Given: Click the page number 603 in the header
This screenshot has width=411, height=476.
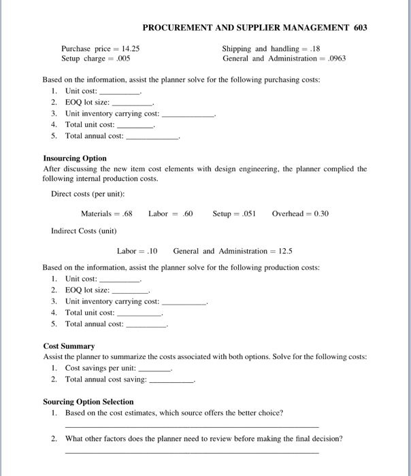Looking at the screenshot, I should (360, 28).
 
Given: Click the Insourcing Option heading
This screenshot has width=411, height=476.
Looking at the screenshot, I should (75, 158).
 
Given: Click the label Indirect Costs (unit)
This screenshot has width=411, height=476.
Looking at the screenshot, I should (84, 231).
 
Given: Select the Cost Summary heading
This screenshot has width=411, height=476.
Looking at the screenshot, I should (69, 346).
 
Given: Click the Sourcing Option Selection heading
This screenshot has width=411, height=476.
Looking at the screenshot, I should (88, 402).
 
